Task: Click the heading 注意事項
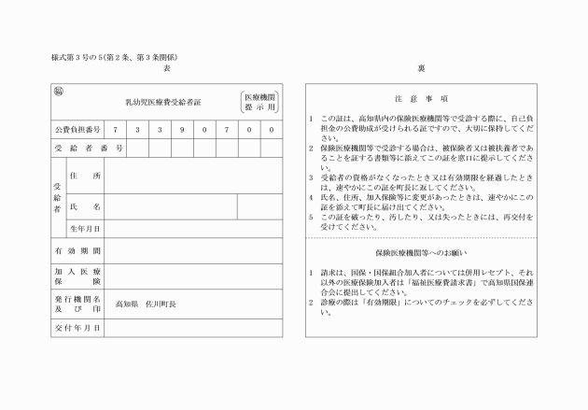[421, 97]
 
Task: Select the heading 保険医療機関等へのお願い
[421, 252]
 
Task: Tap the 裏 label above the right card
[421, 69]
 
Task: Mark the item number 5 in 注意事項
[311, 215]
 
